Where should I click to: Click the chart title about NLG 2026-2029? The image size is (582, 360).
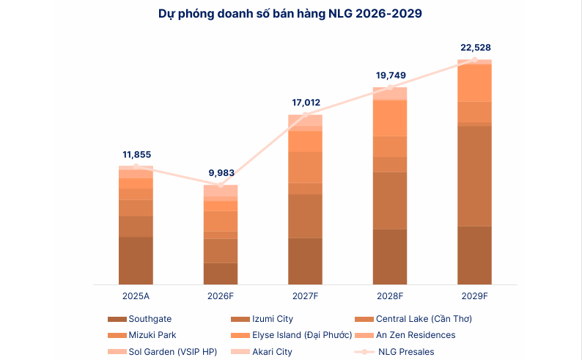pos(290,14)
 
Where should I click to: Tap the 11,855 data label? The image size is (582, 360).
pos(136,154)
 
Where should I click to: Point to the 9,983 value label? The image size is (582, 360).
pos(221,173)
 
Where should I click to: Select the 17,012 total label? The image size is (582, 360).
pos(306,103)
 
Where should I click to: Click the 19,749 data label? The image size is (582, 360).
pos(391,75)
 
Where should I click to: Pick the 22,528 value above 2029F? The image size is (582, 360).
pos(475,48)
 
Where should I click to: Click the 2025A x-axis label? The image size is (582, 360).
pos(136,295)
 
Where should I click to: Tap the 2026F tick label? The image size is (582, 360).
pos(221,295)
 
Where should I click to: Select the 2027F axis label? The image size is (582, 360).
pos(306,295)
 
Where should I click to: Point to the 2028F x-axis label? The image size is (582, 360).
pos(390,295)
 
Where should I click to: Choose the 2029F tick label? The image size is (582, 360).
pos(475,295)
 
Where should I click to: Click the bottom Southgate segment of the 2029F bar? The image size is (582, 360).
pos(475,255)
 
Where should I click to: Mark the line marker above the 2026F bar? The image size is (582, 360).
pos(221,185)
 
